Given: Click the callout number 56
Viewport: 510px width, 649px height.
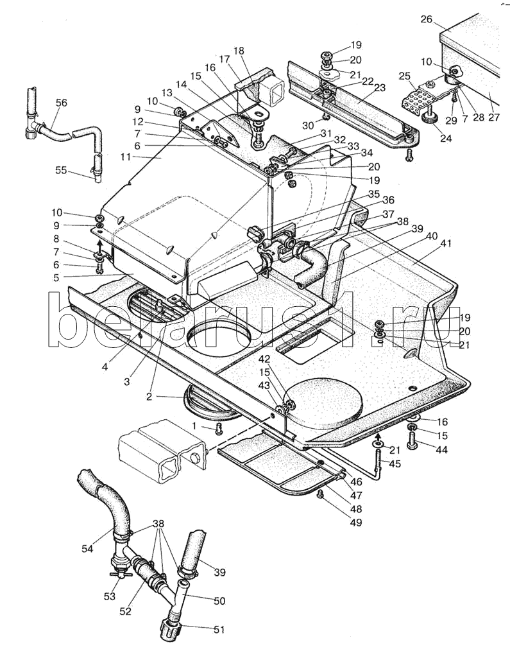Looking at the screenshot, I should click(62, 103).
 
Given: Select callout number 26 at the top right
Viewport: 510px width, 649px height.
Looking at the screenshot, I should click(427, 20).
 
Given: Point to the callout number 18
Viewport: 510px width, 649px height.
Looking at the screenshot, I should click(239, 51).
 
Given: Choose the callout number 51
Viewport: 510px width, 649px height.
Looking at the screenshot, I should click(219, 630).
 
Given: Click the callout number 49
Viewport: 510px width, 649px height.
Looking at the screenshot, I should click(355, 523).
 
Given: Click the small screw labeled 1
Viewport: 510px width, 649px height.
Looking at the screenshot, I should click(219, 428).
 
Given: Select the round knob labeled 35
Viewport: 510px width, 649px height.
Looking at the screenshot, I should click(254, 231).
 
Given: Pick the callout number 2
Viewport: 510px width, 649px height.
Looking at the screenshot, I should click(149, 396).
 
